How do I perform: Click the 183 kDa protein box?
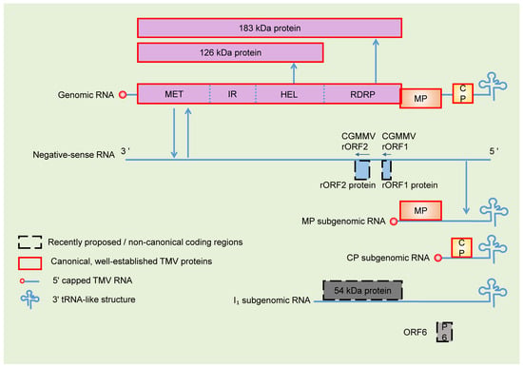pyautogui.click(x=269, y=28)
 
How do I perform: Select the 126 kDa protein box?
pyautogui.click(x=230, y=52)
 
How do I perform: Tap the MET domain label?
pyautogui.click(x=174, y=94)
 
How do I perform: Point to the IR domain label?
pyautogui.click(x=232, y=94)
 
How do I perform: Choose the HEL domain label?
pyautogui.click(x=289, y=95)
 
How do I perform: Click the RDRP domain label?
pyautogui.click(x=362, y=95)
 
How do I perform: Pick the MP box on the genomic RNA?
pyautogui.click(x=420, y=99)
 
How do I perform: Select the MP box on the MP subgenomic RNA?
pyautogui.click(x=420, y=210)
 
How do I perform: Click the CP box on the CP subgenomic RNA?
pyautogui.click(x=461, y=247)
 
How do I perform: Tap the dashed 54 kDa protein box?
pyautogui.click(x=362, y=290)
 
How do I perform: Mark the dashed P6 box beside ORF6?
pyautogui.click(x=445, y=332)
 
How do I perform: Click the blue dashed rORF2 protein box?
pyautogui.click(x=362, y=170)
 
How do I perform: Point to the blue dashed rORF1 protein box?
pyautogui.click(x=387, y=170)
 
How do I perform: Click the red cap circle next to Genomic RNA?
pyautogui.click(x=123, y=95)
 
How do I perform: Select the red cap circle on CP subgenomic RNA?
pyautogui.click(x=438, y=258)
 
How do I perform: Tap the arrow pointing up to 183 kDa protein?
pyautogui.click(x=376, y=61)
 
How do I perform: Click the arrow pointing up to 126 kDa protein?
pyautogui.click(x=294, y=73)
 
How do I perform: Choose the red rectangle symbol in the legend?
pyautogui.click(x=29, y=263)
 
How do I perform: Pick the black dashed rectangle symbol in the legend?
pyautogui.click(x=29, y=242)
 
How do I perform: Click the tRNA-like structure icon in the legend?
pyautogui.click(x=30, y=299)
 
